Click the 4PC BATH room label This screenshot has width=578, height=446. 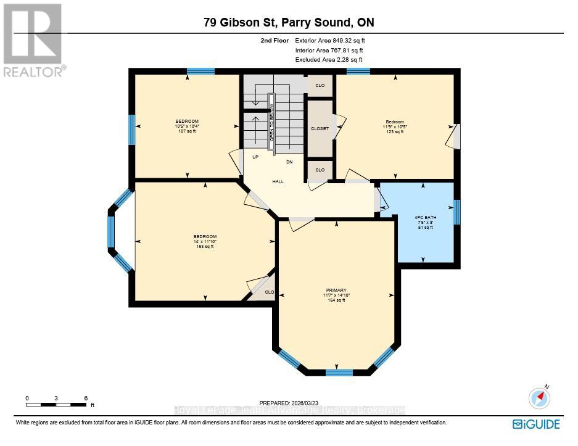point(423,221)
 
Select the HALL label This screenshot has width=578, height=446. point(278,181)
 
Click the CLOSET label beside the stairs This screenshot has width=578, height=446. point(320,128)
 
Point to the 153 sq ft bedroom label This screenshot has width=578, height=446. point(205,241)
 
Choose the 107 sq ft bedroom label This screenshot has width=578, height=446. point(187,126)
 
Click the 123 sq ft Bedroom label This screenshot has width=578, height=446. point(395,126)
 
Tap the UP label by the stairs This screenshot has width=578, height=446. point(255,157)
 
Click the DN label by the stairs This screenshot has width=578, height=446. point(289,162)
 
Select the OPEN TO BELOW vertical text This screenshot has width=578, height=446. point(271,124)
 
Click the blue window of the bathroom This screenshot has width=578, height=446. point(456,212)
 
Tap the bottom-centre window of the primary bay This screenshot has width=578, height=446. point(339,372)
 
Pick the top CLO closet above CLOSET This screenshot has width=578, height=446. point(320,85)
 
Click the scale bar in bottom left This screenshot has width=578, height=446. point(56,404)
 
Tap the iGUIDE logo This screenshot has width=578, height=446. point(536,424)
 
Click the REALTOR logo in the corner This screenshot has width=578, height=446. point(33,40)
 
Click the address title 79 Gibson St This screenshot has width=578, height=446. point(289,23)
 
